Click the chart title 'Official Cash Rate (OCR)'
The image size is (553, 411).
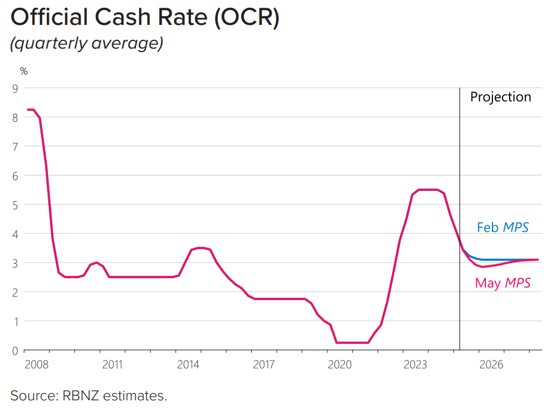click(x=145, y=17)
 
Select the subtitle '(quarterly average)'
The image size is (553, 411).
click(x=87, y=44)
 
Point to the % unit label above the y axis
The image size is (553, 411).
click(x=24, y=71)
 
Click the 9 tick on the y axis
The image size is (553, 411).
click(x=15, y=88)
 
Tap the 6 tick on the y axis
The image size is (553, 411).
click(x=15, y=176)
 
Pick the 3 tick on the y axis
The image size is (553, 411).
click(x=15, y=263)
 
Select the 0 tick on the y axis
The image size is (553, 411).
click(x=15, y=351)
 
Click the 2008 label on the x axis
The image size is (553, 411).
click(x=35, y=364)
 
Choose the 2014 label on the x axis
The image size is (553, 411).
click(x=188, y=364)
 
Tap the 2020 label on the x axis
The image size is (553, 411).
click(x=341, y=364)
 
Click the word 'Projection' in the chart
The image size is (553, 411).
click(x=500, y=97)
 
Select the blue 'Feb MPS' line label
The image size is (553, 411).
click(x=502, y=227)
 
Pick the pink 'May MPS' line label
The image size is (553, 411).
click(x=503, y=283)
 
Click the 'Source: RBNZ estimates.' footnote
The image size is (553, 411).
click(x=89, y=395)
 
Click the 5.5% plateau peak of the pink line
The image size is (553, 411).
click(x=428, y=190)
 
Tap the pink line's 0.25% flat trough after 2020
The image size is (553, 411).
click(x=352, y=342)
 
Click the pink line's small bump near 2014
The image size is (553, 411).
click(x=200, y=248)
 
